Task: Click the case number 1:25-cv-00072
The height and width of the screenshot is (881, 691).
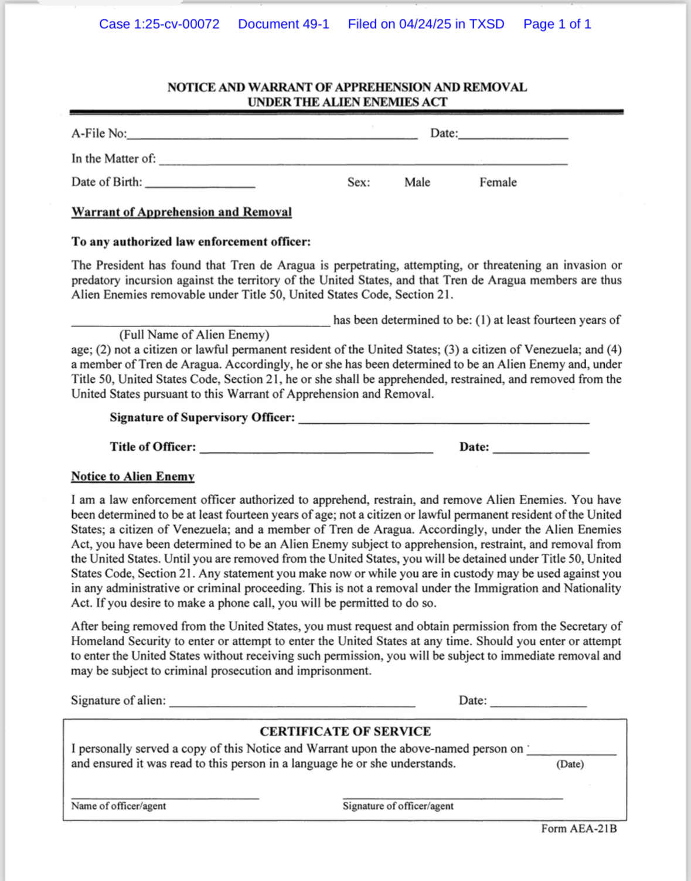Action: pos(159,24)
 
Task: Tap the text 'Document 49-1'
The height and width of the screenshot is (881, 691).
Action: pos(284,24)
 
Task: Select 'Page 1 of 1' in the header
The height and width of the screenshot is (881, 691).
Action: pos(557,24)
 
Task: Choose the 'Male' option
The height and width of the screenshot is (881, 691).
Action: pos(417,182)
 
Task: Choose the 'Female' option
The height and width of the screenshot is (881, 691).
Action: pos(498,182)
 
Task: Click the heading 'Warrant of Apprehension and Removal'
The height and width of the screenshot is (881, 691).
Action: pos(181,212)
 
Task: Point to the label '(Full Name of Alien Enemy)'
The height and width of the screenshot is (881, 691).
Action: pos(194,335)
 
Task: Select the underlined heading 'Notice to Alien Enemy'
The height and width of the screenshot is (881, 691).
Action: pos(132,477)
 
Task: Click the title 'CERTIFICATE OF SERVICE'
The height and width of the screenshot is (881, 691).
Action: pos(345,732)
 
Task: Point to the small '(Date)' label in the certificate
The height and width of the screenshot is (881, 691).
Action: pos(570,764)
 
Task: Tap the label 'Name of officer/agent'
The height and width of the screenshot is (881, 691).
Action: pos(118,806)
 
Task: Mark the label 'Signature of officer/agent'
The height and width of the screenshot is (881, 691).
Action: pos(398,806)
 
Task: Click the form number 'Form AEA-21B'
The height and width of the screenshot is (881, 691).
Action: pos(578,829)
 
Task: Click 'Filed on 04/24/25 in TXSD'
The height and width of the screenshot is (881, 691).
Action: pos(426,24)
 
